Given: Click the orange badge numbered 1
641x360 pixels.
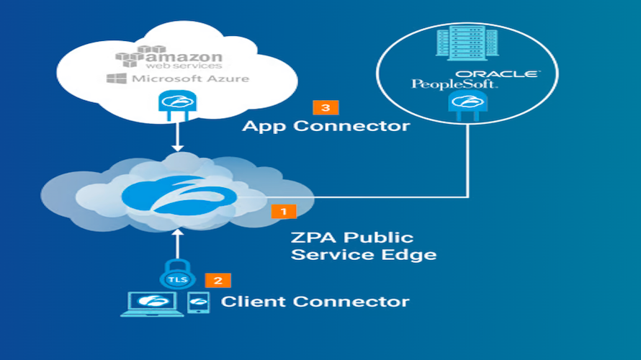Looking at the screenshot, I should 283,211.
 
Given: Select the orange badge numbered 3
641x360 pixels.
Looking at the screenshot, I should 326,107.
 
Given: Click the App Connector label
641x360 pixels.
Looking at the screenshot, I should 326,126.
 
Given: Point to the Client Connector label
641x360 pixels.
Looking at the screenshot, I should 315,302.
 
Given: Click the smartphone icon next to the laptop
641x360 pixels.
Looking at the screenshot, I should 198,302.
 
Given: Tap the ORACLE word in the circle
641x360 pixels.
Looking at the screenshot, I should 496,73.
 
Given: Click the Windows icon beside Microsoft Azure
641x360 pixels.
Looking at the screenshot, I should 112,78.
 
